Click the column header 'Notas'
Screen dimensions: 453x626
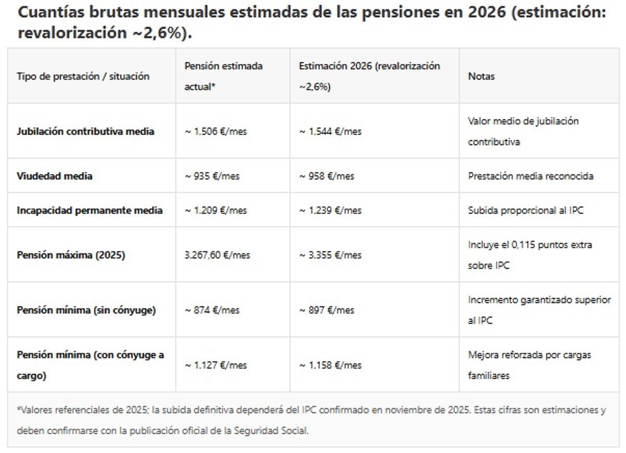(x=481, y=76)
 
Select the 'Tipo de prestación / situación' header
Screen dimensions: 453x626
(x=83, y=76)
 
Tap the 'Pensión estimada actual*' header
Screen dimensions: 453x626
(x=223, y=76)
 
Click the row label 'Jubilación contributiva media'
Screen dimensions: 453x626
(x=86, y=132)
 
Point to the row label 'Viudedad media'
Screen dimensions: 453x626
(x=54, y=176)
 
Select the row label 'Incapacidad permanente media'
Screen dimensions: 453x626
(x=90, y=210)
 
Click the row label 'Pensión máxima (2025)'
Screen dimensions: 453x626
(x=71, y=255)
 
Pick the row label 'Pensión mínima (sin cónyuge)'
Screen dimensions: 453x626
(x=86, y=310)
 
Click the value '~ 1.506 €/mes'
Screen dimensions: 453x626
(x=215, y=132)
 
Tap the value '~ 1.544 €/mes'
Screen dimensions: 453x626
(x=330, y=132)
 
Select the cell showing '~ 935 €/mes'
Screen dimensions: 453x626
(x=212, y=176)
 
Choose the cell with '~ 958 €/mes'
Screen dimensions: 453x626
(x=327, y=176)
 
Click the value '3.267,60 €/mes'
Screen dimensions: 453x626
(x=217, y=255)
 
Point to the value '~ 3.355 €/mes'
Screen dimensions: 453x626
(x=330, y=255)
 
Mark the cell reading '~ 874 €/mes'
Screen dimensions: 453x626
(x=212, y=310)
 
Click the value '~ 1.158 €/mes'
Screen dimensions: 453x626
(x=330, y=365)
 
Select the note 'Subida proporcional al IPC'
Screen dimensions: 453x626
(x=525, y=210)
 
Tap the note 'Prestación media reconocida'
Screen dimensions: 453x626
(x=531, y=176)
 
